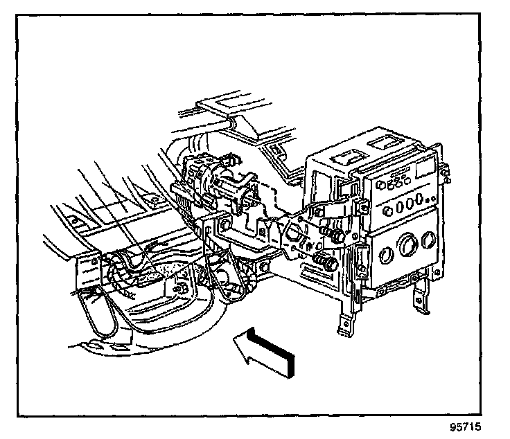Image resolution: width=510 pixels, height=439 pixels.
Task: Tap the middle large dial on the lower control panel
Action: point(409,247)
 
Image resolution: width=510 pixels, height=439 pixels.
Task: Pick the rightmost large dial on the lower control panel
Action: point(430,240)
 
